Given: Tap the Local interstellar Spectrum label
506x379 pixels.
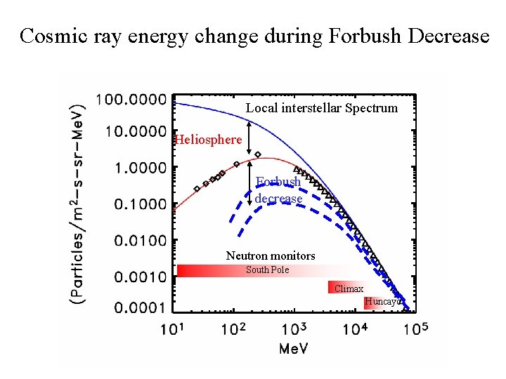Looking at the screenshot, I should point(321,108).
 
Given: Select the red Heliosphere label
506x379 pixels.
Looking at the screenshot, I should point(208,140).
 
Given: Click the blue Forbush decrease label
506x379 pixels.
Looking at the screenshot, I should point(278,190).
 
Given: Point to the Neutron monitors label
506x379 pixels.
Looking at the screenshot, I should point(271,256).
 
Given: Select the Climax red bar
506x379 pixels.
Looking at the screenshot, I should point(347,288).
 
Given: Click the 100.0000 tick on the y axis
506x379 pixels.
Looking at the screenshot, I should point(131,99).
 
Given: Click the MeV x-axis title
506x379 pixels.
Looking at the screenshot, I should point(294,349).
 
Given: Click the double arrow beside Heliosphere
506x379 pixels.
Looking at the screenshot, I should point(249,138).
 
